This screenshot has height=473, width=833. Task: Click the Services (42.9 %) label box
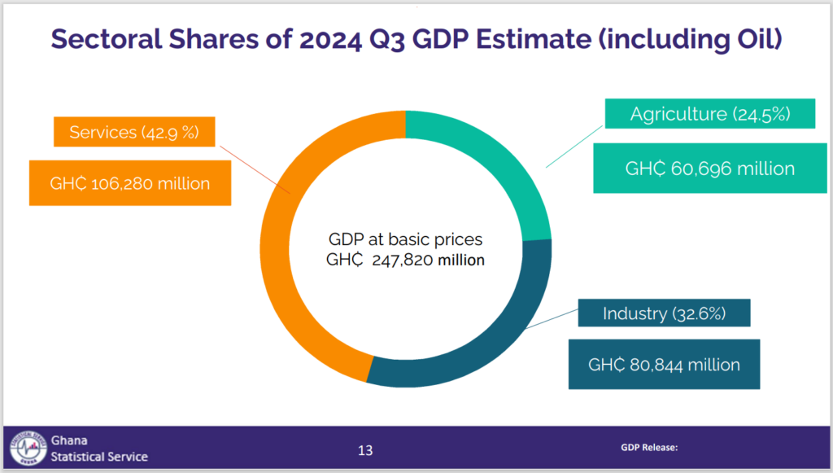click(134, 132)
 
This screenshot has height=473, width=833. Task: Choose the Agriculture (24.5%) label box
click(710, 114)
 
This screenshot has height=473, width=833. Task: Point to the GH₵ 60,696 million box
click(709, 169)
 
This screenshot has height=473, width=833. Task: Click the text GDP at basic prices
click(405, 240)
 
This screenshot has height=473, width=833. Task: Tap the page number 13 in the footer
click(366, 450)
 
